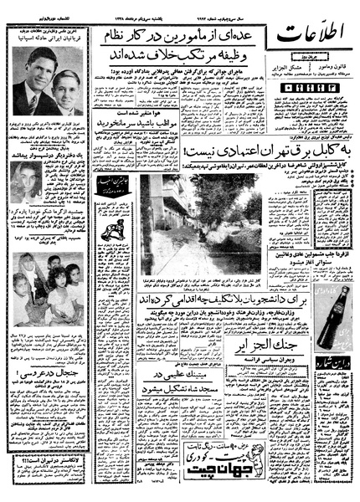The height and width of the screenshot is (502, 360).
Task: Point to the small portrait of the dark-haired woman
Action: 25,181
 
